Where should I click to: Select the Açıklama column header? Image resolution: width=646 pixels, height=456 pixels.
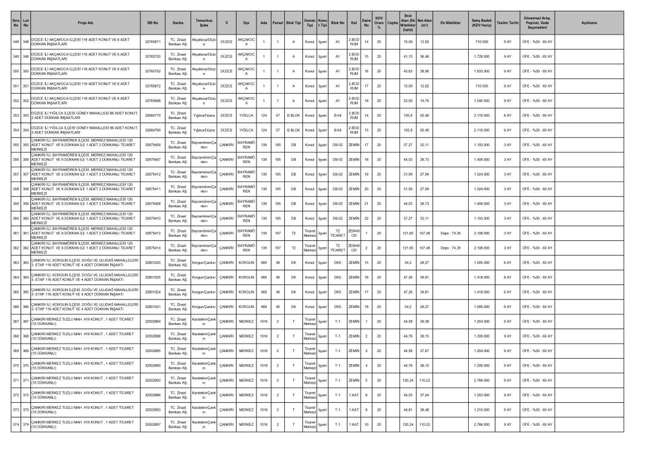click(x=589, y=23)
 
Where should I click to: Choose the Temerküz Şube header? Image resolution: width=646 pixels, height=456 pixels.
click(x=204, y=23)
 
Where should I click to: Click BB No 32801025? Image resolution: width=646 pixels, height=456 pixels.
click(x=152, y=277)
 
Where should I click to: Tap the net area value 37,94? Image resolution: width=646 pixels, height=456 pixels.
click(x=425, y=395)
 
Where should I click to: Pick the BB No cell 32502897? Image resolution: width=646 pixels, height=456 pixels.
click(x=152, y=425)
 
